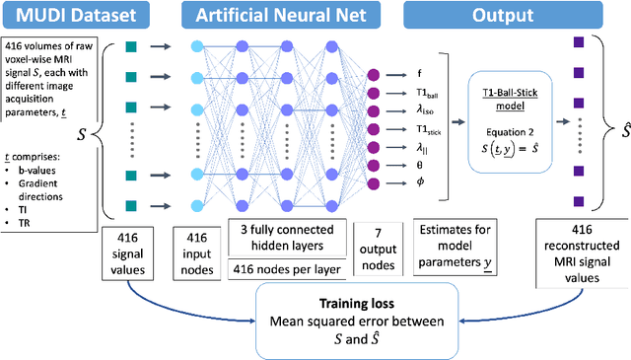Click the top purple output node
pyautogui.click(x=373, y=73)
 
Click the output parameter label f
pyautogui.click(x=419, y=73)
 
